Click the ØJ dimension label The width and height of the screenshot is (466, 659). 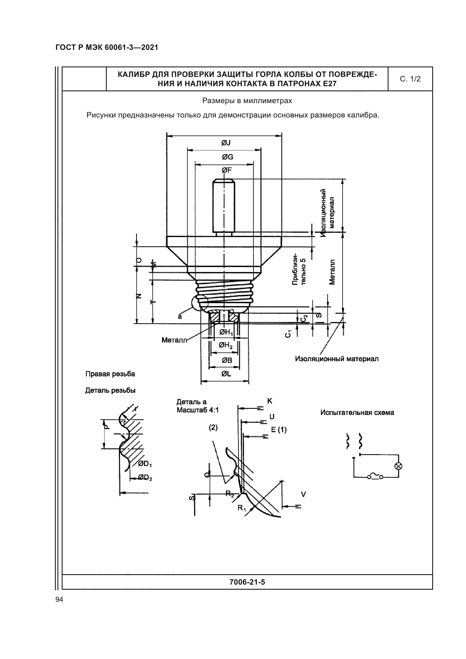pyautogui.click(x=226, y=143)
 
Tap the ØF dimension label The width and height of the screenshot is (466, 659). pyautogui.click(x=227, y=170)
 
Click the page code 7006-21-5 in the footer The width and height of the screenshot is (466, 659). pyautogui.click(x=247, y=582)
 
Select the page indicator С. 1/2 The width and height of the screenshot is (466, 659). pyautogui.click(x=410, y=79)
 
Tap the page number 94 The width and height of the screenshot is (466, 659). pyautogui.click(x=59, y=599)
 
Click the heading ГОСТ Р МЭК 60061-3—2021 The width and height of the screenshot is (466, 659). pyautogui.click(x=107, y=48)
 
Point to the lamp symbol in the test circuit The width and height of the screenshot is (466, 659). pyautogui.click(x=398, y=466)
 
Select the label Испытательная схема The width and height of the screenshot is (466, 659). pyautogui.click(x=357, y=412)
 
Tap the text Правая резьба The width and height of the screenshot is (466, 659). pyautogui.click(x=110, y=374)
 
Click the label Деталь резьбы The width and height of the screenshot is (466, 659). pyautogui.click(x=110, y=390)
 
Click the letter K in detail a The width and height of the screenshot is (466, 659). pyautogui.click(x=269, y=401)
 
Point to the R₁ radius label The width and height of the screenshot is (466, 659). pyautogui.click(x=242, y=508)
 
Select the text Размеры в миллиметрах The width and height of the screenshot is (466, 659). pyautogui.click(x=247, y=101)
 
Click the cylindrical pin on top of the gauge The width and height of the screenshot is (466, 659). pyautogui.click(x=223, y=206)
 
